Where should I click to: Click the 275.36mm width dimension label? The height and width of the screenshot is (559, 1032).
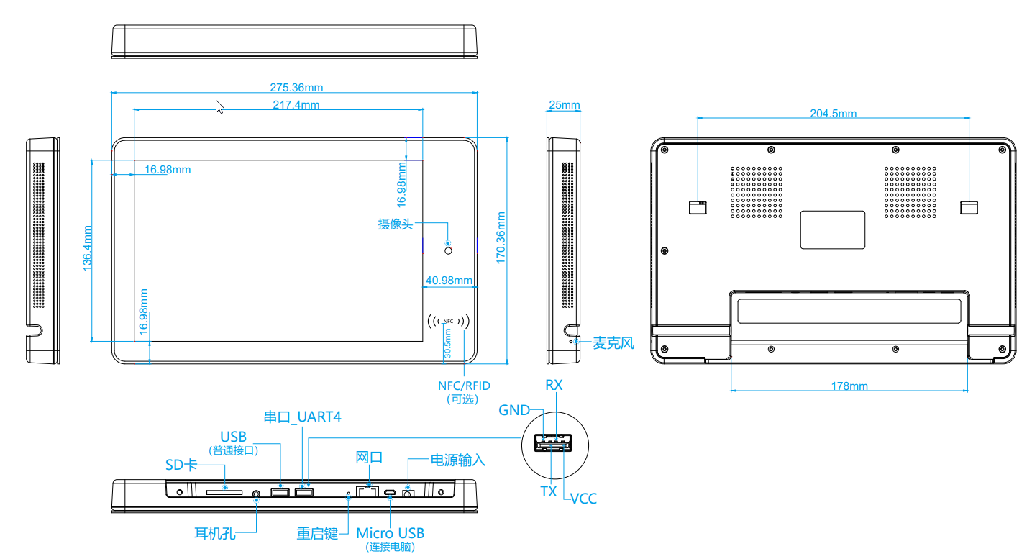coord(296,88)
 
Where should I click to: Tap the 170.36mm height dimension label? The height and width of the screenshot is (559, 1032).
coord(501,237)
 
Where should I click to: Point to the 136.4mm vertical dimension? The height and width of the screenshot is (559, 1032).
coord(87,248)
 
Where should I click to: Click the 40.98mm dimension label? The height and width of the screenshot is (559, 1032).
coord(449,281)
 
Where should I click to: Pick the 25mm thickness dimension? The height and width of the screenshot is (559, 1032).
coord(564,105)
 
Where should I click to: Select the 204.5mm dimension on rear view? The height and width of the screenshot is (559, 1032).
coord(833,114)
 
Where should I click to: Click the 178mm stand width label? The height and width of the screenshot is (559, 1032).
coord(849,386)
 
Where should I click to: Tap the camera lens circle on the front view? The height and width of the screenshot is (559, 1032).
coord(449,250)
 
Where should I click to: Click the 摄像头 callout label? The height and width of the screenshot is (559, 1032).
coord(396,224)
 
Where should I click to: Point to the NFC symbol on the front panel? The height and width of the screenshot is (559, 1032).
coord(449,320)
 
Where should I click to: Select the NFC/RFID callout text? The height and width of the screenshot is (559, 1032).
coord(464,386)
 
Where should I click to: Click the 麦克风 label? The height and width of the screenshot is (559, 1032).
coord(613,343)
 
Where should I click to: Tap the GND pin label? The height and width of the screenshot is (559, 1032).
coord(514,411)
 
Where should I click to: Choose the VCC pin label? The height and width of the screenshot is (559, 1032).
coord(583,499)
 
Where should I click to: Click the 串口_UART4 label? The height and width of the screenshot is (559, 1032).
coord(302,417)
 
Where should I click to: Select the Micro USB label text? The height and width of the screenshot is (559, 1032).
coord(391,533)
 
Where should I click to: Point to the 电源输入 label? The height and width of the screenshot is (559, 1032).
coord(457,460)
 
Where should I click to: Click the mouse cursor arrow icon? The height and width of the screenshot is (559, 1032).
coord(220,106)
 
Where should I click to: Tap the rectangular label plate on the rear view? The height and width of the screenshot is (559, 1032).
coord(833,229)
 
